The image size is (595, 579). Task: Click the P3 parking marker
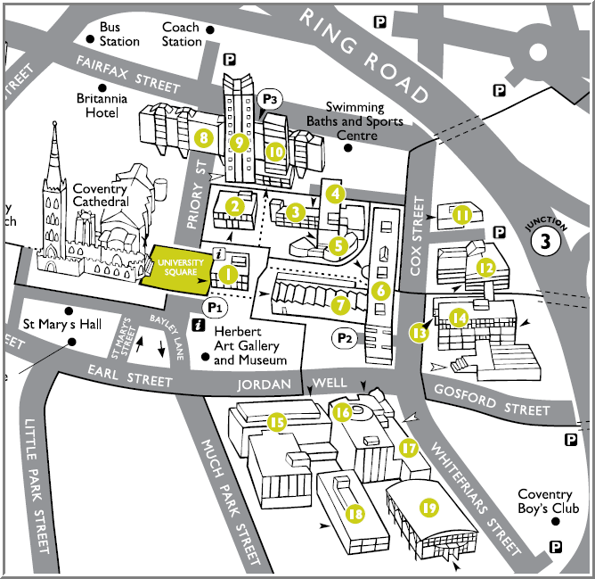(270, 98)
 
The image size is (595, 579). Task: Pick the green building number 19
(429, 508)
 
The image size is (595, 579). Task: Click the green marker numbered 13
(420, 332)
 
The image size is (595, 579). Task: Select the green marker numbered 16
(342, 411)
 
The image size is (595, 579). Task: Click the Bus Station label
(120, 34)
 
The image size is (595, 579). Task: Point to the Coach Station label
(182, 34)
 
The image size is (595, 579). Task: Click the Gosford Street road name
(490, 400)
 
